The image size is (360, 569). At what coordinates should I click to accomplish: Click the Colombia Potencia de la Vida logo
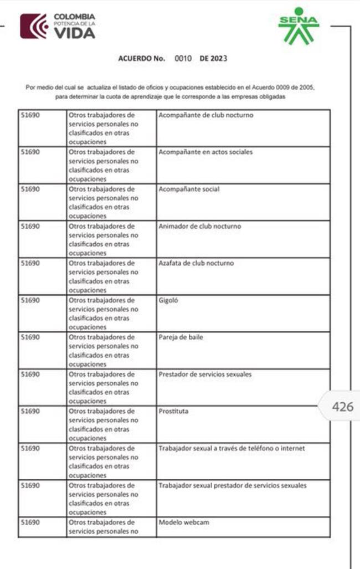(x=58, y=26)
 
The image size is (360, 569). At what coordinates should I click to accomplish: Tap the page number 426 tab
(x=342, y=407)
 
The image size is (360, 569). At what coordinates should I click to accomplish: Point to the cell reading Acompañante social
(x=189, y=189)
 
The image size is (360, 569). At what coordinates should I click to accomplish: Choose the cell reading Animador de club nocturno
(x=200, y=226)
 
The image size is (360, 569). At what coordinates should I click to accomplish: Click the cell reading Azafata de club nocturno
(x=196, y=263)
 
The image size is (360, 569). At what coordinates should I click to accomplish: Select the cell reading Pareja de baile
(x=179, y=337)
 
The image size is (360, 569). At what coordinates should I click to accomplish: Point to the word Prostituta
(x=173, y=411)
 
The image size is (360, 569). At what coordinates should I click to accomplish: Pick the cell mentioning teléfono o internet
(x=232, y=448)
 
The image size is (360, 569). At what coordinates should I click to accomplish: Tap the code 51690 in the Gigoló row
(x=30, y=300)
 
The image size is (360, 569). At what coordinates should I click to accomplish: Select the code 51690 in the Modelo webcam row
(x=30, y=522)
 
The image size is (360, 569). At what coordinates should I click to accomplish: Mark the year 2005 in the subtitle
(x=306, y=88)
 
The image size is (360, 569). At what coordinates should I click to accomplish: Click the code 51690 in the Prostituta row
(x=30, y=411)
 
